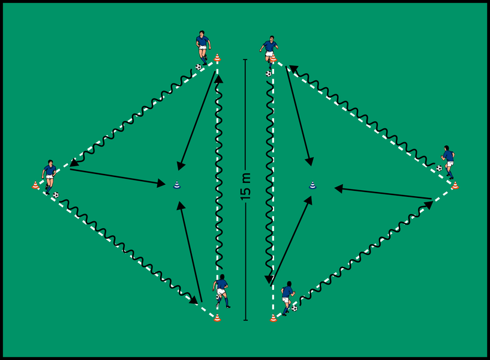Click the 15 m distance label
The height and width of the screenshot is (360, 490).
point(246,186)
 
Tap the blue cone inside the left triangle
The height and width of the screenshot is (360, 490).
point(176,185)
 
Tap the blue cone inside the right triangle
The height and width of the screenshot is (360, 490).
point(312,185)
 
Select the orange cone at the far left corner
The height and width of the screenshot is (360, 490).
point(35,186)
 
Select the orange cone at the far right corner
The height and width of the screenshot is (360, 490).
point(455,185)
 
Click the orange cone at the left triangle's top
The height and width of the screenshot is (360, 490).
point(217,58)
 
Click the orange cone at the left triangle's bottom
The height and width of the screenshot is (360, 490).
point(217,317)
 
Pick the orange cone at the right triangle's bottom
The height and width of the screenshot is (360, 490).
point(273,318)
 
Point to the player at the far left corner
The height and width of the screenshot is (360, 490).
point(49,176)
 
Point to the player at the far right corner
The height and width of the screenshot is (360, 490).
point(448,161)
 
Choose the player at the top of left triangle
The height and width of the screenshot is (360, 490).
point(203,46)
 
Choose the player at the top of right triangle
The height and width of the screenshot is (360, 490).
point(269,48)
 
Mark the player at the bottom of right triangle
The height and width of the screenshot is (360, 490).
point(287,296)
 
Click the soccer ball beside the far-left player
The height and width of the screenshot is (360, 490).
point(56,194)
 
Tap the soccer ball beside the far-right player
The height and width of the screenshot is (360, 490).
point(439,169)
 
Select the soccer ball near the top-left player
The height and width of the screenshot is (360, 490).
point(199,67)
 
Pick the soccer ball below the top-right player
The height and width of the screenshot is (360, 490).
point(269,74)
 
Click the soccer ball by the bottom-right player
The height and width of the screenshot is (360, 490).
point(294,308)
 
